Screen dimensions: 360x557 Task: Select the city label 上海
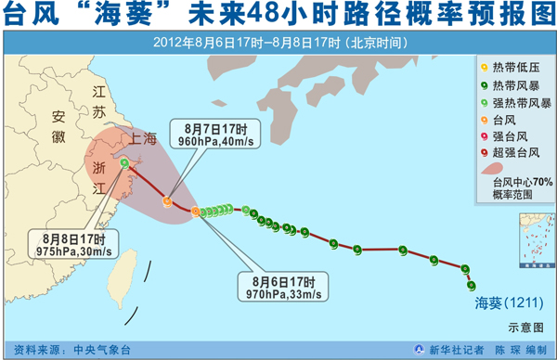[147, 140]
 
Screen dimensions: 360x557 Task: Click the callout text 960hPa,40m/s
[208, 142]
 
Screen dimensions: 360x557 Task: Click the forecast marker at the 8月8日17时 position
[124, 164]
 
